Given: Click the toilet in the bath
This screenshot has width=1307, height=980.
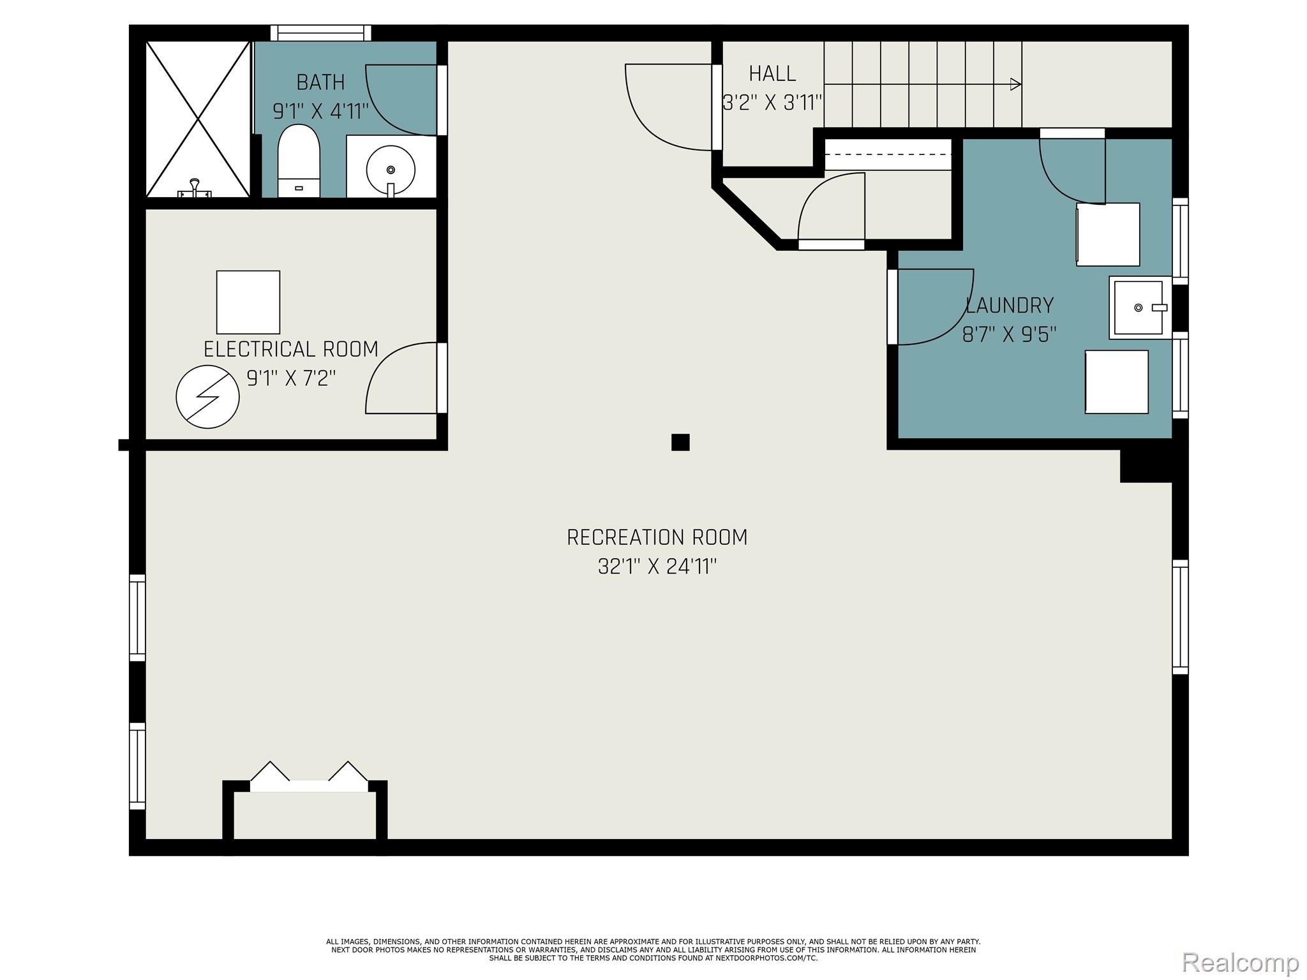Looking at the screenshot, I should pos(298,160).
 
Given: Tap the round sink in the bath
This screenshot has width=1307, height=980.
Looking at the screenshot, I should pos(391,170).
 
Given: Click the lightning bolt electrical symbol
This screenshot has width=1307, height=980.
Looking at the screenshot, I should pos(207,396).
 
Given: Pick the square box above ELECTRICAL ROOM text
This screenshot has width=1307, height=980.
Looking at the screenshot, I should pos(248,302).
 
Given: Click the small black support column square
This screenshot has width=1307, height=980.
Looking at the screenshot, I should pos(680,442).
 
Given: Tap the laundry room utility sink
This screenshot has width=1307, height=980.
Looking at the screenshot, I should pos(1139,308).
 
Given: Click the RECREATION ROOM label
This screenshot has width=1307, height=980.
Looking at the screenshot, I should pos(657,538).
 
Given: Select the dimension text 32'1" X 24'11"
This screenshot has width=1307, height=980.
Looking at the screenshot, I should pos(657,567).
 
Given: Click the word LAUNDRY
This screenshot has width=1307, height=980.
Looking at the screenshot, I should pos(1009,306).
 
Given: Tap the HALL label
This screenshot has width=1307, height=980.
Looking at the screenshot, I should pos(772,74).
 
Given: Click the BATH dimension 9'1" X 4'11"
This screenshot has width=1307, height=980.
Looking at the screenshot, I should pos(320,112).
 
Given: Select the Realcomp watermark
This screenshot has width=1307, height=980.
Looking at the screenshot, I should pos(1240,962).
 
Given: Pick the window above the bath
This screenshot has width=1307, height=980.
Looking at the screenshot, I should pos(320,33).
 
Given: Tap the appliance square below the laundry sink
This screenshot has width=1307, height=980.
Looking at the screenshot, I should pos(1116,382).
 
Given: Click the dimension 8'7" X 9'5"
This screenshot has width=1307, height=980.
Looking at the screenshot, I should pos(1009,334).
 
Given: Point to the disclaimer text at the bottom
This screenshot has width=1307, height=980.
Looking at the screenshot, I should pos(653,950).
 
